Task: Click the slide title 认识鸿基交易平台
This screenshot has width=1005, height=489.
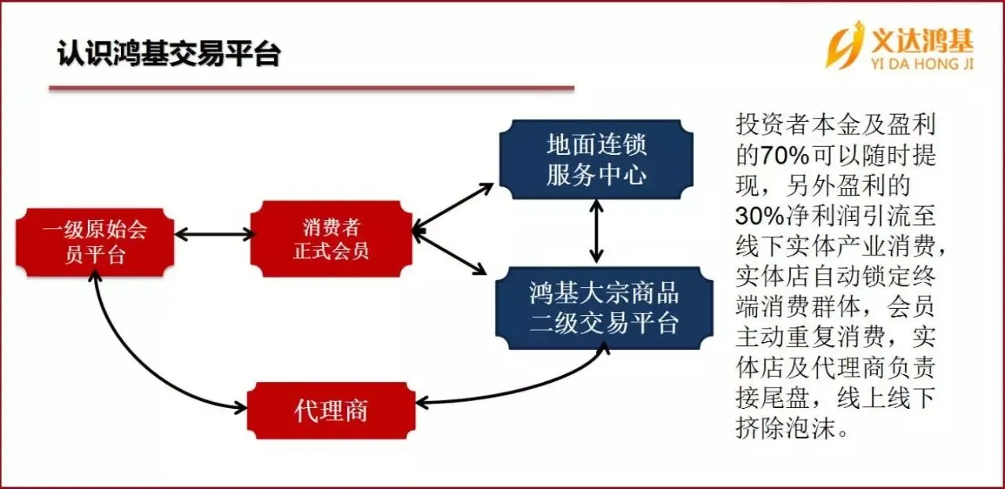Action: pos(169,55)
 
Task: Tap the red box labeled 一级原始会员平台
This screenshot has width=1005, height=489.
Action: pos(94,242)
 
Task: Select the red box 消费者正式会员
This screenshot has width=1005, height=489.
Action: pos(331,241)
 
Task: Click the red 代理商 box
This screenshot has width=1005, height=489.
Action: pos(331,410)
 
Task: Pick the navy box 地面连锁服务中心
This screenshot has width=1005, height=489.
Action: pos(597,160)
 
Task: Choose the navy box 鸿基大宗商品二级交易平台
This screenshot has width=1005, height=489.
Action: pos(604,308)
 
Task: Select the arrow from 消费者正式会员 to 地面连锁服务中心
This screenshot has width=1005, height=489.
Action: pos(453,208)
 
